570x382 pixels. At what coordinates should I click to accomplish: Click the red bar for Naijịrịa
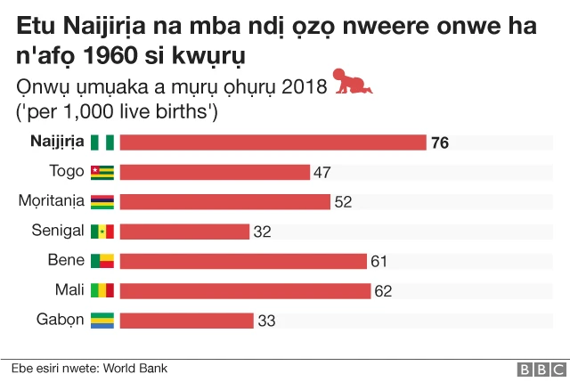point(273,142)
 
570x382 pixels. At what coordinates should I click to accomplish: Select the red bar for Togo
point(215,172)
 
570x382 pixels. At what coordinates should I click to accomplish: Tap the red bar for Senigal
point(184,232)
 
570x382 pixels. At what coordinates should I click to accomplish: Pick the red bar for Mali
point(245,290)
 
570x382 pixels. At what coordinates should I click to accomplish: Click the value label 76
point(439,142)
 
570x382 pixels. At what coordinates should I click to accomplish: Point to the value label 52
point(343,202)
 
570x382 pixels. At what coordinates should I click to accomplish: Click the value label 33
point(266,321)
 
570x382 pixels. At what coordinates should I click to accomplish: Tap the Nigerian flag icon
point(102,142)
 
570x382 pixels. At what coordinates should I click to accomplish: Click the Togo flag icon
point(102,172)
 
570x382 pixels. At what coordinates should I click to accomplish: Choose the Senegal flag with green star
point(102,232)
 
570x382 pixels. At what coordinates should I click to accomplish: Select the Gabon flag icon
point(102,321)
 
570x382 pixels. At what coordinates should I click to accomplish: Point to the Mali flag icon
point(102,290)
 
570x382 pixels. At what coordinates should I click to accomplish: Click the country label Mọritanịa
point(52,200)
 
